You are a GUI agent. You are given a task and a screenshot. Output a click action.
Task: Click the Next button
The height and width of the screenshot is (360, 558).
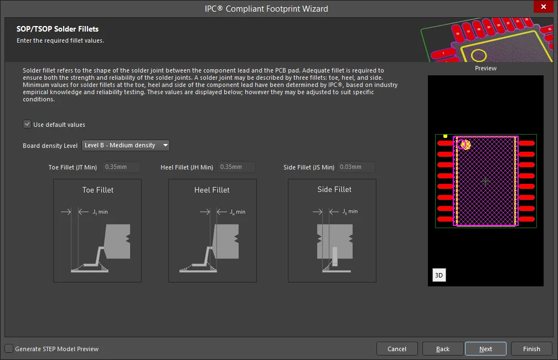(x=485, y=349)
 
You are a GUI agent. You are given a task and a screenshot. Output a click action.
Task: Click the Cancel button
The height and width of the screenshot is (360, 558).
(x=397, y=349)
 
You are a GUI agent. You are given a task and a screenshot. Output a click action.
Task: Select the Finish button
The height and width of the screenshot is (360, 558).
(x=531, y=349)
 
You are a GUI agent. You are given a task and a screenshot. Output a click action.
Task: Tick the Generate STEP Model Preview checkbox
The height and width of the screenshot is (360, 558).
(x=9, y=348)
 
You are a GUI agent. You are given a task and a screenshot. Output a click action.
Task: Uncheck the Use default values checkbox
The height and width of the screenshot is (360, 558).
(x=27, y=124)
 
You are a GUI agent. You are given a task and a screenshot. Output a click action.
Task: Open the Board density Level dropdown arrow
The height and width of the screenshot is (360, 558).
(x=165, y=145)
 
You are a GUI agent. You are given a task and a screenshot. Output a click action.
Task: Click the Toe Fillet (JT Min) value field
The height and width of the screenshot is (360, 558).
(x=121, y=167)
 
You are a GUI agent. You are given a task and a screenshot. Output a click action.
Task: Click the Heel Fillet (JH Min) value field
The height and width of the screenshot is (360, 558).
(x=237, y=167)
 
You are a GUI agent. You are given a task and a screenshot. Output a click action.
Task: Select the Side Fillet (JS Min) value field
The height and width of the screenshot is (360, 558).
(x=356, y=167)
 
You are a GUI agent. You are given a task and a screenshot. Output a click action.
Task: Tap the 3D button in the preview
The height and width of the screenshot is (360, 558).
(x=439, y=275)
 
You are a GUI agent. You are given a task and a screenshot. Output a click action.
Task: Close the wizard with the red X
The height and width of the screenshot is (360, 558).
(x=544, y=7)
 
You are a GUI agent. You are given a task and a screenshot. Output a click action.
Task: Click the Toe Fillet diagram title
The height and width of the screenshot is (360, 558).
(x=98, y=190)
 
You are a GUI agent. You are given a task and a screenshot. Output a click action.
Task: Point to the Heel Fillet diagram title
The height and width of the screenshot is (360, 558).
(x=211, y=190)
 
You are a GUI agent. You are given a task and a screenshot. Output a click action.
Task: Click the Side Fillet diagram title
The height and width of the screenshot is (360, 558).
(x=334, y=189)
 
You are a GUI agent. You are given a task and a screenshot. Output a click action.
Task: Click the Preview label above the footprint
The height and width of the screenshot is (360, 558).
(x=485, y=68)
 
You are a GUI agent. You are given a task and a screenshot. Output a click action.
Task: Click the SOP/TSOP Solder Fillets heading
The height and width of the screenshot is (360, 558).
(x=58, y=29)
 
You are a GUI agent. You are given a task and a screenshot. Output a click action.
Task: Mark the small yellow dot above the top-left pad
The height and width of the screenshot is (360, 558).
(x=445, y=136)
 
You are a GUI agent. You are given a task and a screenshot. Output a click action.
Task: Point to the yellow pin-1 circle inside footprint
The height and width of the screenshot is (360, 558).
(x=466, y=145)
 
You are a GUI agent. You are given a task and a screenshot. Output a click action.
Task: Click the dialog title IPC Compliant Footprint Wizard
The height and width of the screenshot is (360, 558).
(x=266, y=8)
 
